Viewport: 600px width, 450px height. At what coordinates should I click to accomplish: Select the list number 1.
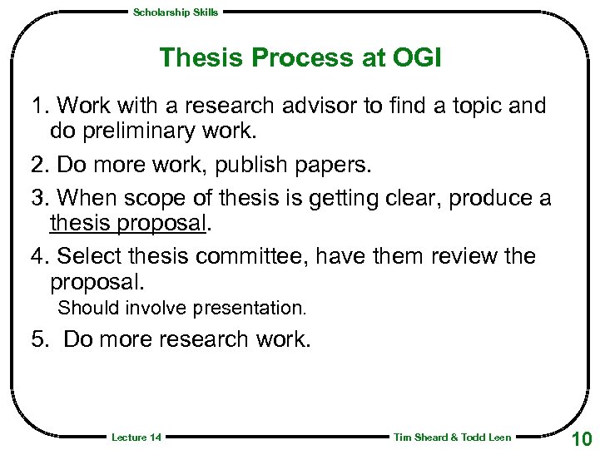click(x=37, y=106)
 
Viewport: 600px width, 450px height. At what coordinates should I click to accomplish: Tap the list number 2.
click(x=37, y=165)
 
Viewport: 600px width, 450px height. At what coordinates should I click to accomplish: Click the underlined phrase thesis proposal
click(x=126, y=223)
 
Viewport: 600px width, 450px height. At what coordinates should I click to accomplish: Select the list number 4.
click(x=37, y=256)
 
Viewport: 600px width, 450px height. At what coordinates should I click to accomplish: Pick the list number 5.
click(x=38, y=339)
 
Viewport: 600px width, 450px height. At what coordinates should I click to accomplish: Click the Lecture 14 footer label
click(x=136, y=438)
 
